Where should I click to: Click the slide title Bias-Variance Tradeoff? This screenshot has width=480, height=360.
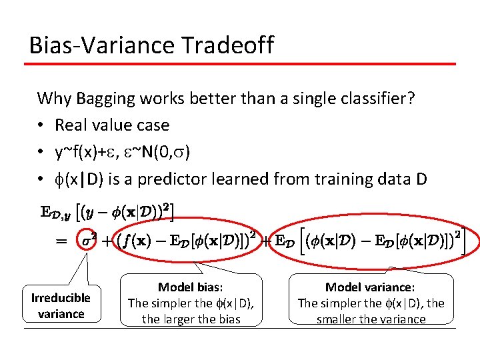pyautogui.click(x=151, y=45)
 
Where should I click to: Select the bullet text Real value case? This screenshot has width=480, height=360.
pyautogui.click(x=112, y=125)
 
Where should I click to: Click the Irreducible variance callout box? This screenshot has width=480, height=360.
pyautogui.click(x=61, y=305)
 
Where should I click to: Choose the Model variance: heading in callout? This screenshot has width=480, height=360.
pyautogui.click(x=370, y=287)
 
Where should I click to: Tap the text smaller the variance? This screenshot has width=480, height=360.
pyautogui.click(x=371, y=319)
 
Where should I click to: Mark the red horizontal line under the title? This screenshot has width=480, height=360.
pyautogui.click(x=240, y=64)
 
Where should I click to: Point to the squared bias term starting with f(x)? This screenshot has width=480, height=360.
pyautogui.click(x=181, y=240)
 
